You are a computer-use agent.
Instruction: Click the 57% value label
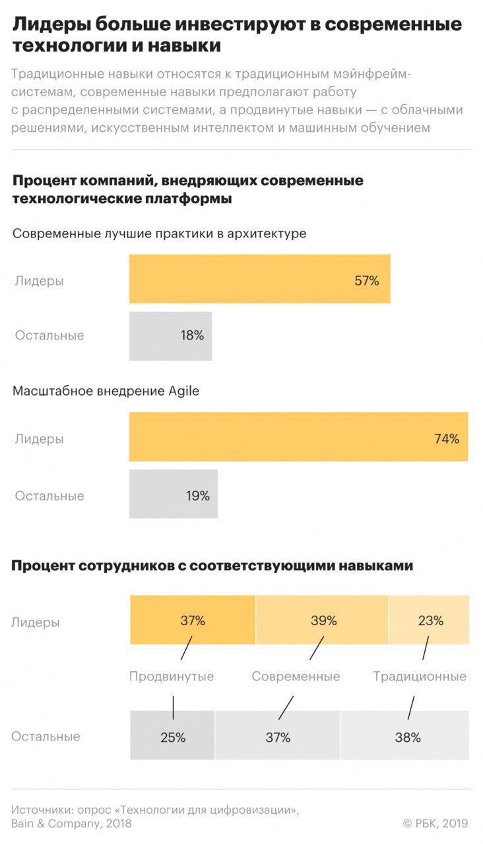[366, 281]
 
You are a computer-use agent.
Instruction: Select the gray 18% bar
[170, 336]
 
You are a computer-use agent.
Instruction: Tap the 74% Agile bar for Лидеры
[298, 437]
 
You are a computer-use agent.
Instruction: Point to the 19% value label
[197, 496]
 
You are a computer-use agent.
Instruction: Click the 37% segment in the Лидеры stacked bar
[193, 620]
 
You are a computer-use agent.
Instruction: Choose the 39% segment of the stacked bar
[322, 620]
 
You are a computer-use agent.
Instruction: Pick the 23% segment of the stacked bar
[430, 620]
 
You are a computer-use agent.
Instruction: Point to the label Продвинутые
[172, 677]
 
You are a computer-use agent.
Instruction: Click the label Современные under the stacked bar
[296, 677]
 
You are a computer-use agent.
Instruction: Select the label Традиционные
[420, 677]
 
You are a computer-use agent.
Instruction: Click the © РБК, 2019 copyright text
[435, 823]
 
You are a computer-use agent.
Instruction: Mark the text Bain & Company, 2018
[71, 824]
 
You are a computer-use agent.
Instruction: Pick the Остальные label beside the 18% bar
[49, 336]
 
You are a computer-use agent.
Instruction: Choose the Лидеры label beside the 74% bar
[40, 438]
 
